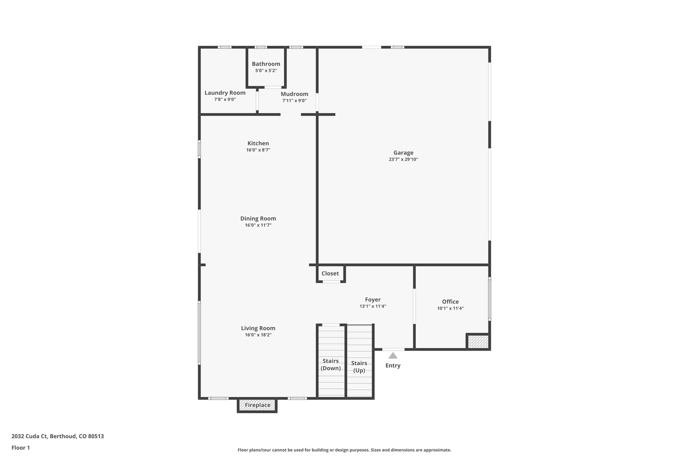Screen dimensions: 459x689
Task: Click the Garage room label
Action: click(x=403, y=153)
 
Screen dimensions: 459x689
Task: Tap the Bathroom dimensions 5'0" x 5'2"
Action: click(x=266, y=71)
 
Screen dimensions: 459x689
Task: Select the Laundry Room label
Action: click(x=225, y=93)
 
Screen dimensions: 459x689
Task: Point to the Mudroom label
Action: click(x=294, y=94)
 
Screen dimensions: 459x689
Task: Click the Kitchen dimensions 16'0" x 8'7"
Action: click(x=258, y=150)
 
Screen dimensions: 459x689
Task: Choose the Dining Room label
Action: click(x=258, y=219)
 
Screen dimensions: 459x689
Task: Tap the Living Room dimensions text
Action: click(x=258, y=335)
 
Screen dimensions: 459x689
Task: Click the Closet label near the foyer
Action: click(x=330, y=273)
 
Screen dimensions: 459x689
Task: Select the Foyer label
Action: click(x=373, y=300)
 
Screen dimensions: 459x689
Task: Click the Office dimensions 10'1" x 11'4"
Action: click(x=450, y=308)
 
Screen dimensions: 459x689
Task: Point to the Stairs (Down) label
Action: click(x=330, y=365)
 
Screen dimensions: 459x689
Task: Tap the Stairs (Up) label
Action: click(x=359, y=367)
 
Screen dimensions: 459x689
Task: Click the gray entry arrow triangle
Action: click(x=393, y=356)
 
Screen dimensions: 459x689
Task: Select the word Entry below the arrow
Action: click(x=393, y=366)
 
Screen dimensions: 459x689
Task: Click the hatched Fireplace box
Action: click(x=257, y=405)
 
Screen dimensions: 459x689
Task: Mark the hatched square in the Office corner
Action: click(x=478, y=342)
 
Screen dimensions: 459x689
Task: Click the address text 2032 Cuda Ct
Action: click(x=58, y=436)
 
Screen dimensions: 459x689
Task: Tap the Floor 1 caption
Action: click(x=21, y=448)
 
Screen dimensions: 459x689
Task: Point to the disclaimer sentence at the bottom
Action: click(x=344, y=450)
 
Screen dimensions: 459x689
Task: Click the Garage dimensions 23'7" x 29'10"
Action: click(x=403, y=159)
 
